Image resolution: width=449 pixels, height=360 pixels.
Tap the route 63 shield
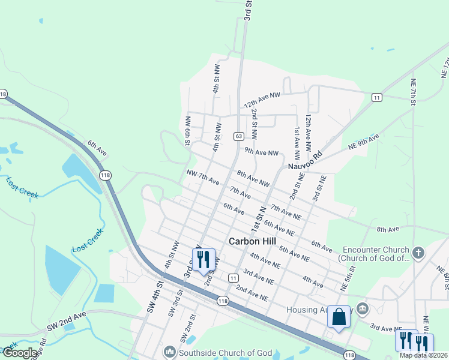coord(238,137)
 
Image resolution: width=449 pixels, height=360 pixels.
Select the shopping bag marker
coord(339,316)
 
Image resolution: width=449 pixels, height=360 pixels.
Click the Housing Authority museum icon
coord(362,308)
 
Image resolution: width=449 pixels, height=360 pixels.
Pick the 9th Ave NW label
coord(262,154)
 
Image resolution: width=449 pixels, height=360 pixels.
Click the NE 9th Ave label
coord(364,142)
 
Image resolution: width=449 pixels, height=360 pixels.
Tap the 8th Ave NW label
coord(253,178)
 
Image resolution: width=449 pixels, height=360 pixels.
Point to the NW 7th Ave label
coord(202,178)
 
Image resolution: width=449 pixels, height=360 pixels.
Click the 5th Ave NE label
coord(294,254)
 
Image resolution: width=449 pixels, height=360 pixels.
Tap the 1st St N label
coord(258,221)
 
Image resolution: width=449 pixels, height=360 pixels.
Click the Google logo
coord(20,353)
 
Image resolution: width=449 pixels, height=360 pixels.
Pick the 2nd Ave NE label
coord(250,293)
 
